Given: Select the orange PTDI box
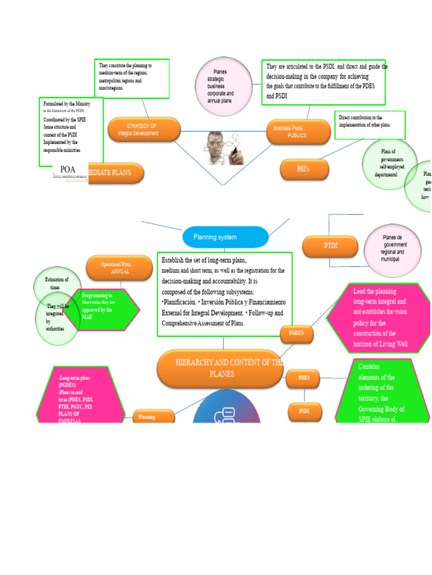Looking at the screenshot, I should pos(330,246).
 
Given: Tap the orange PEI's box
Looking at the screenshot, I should pos(304,168).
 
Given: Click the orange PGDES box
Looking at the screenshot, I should pos(296,334).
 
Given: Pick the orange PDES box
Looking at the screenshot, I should pos(304,378).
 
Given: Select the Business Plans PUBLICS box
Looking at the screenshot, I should pos(298,131).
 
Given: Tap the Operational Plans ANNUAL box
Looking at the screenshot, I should pos(119,267).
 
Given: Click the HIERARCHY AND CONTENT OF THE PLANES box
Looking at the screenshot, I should pos(220,368).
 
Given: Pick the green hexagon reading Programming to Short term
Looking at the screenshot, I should pos(101,307).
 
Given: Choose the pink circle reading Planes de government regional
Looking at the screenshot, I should pos(392,249).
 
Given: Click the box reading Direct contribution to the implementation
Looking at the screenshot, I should pos(370,125).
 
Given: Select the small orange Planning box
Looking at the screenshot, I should pos(154,417).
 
